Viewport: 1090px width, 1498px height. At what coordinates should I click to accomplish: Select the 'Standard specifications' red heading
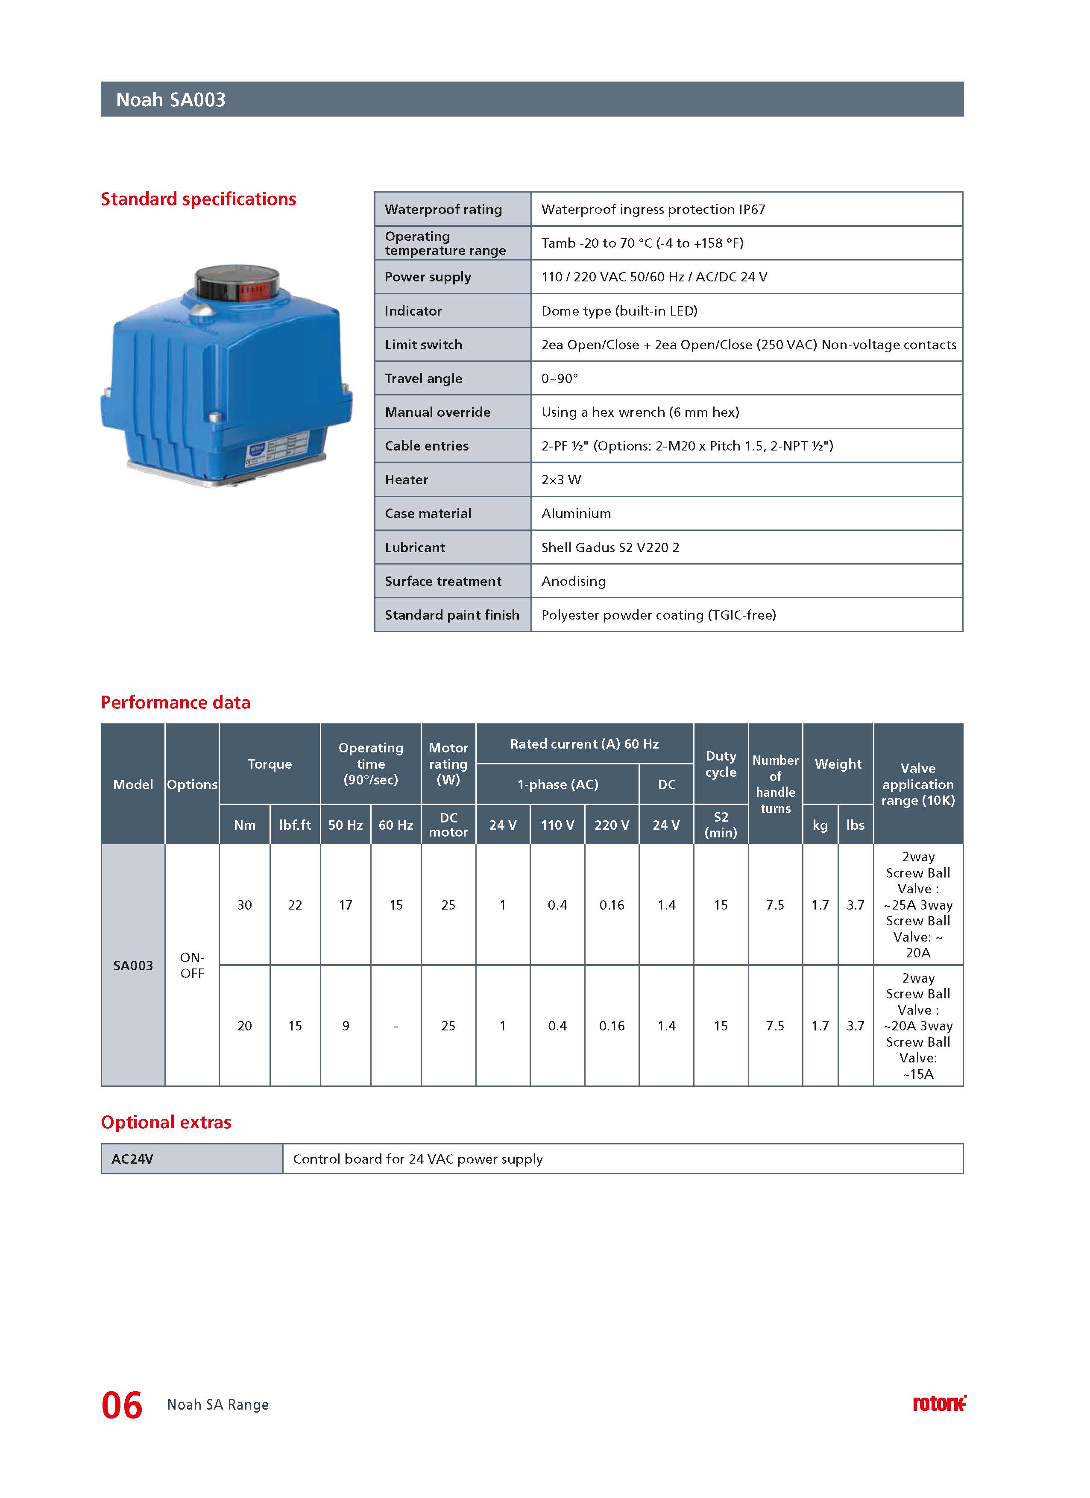[198, 199]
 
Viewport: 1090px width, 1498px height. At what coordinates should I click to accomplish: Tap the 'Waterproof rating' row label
[443, 209]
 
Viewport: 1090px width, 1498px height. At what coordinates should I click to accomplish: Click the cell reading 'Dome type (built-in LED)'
[619, 311]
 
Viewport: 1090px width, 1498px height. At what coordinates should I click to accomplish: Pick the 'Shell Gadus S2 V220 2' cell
[610, 547]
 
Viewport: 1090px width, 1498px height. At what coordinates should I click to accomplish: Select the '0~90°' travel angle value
[559, 378]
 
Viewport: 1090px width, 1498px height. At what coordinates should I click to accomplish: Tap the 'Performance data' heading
[175, 702]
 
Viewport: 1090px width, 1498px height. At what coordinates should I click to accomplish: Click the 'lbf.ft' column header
[295, 825]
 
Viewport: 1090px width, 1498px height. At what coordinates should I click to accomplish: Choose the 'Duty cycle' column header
[720, 764]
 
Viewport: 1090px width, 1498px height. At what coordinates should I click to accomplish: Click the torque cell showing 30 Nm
[244, 905]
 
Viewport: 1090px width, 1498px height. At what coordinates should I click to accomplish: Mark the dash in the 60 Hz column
[395, 1026]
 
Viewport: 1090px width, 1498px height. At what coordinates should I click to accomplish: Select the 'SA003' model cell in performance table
[133, 966]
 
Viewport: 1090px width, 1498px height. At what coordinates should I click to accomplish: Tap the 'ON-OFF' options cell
[192, 966]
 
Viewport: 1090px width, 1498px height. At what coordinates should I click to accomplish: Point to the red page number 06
[122, 1405]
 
